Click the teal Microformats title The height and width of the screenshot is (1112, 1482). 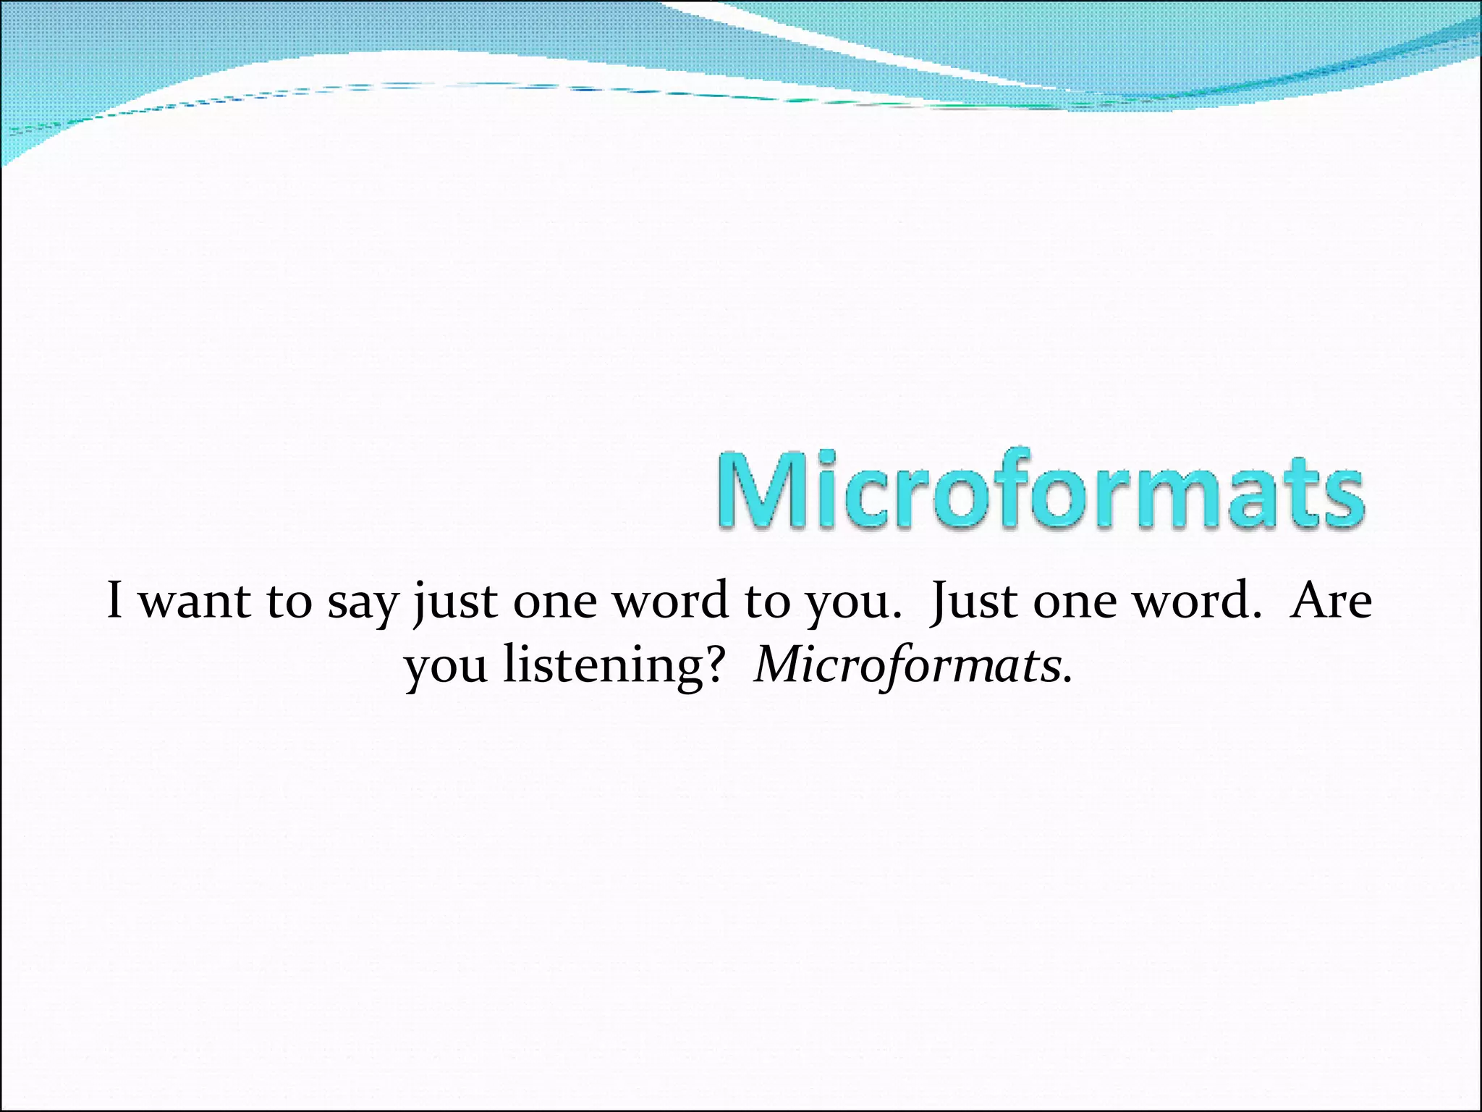click(x=1041, y=489)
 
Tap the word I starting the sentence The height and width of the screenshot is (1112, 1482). click(x=114, y=600)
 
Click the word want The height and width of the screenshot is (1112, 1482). click(x=193, y=602)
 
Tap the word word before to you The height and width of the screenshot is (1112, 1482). click(x=671, y=600)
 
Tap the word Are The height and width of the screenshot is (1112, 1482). click(x=1330, y=600)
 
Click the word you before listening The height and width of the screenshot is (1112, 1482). click(x=446, y=667)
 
